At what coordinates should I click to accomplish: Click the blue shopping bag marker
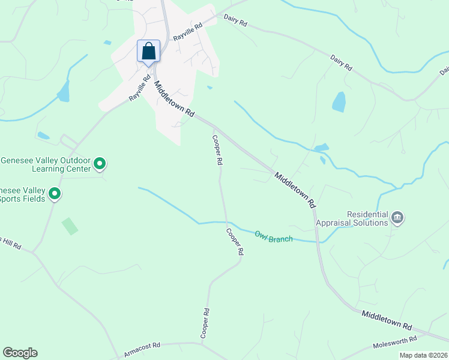click(149, 52)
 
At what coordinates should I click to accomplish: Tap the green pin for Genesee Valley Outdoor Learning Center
click(100, 163)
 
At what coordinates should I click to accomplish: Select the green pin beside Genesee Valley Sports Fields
click(55, 193)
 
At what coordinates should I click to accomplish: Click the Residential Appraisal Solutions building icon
click(397, 217)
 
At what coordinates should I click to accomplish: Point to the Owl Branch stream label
click(273, 236)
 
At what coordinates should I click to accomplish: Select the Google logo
click(20, 353)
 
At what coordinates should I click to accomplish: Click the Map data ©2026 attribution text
click(424, 355)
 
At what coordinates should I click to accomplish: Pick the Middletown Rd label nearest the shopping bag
click(175, 99)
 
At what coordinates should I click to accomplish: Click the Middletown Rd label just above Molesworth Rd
click(387, 319)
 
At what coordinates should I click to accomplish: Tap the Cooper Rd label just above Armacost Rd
click(205, 323)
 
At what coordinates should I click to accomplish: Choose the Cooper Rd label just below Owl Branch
click(235, 242)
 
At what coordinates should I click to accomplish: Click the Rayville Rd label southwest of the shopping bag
click(139, 88)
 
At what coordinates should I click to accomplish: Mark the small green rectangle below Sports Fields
click(70, 226)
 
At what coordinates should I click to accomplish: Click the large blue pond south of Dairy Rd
click(339, 102)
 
